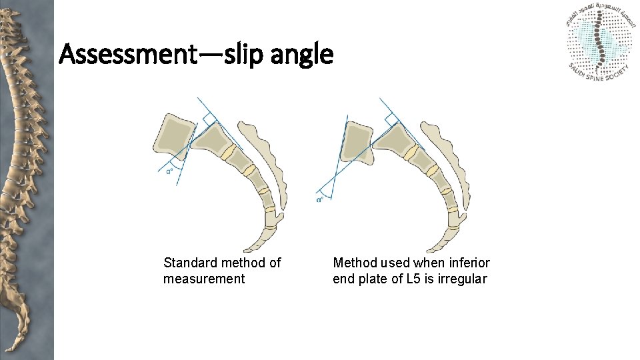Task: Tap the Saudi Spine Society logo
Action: tap(601, 42)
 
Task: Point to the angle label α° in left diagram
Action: tap(170, 171)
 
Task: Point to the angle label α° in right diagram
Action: tap(321, 199)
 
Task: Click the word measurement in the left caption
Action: tap(204, 279)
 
